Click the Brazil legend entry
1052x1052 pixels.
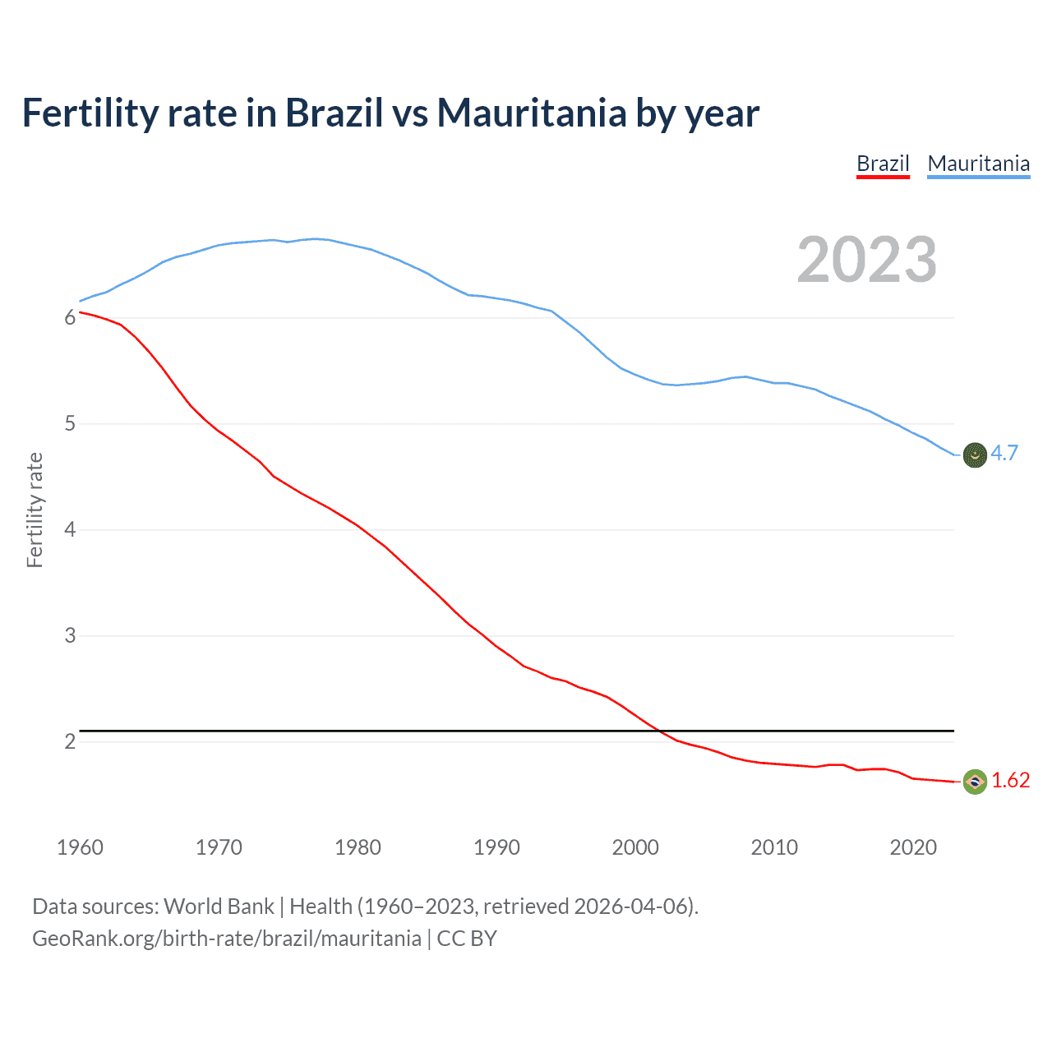883,164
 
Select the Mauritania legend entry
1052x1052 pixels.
978,164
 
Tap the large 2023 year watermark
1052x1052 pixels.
866,260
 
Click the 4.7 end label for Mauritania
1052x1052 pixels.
1004,453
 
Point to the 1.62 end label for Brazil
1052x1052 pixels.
1010,780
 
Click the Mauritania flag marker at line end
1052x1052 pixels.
975,454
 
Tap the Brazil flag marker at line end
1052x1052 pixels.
975,782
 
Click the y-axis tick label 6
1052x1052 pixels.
70,318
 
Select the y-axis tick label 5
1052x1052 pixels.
70,424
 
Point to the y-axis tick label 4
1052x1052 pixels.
70,529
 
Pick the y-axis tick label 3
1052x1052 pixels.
70,635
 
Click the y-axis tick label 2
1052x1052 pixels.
70,741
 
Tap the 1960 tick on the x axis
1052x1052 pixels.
80,847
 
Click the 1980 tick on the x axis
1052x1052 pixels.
358,847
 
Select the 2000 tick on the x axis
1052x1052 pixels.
635,847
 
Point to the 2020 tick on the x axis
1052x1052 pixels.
913,847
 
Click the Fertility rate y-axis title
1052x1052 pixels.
35,510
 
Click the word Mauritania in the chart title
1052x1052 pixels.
532,113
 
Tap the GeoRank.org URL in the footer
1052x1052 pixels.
226,939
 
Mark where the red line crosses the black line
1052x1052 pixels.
660,730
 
